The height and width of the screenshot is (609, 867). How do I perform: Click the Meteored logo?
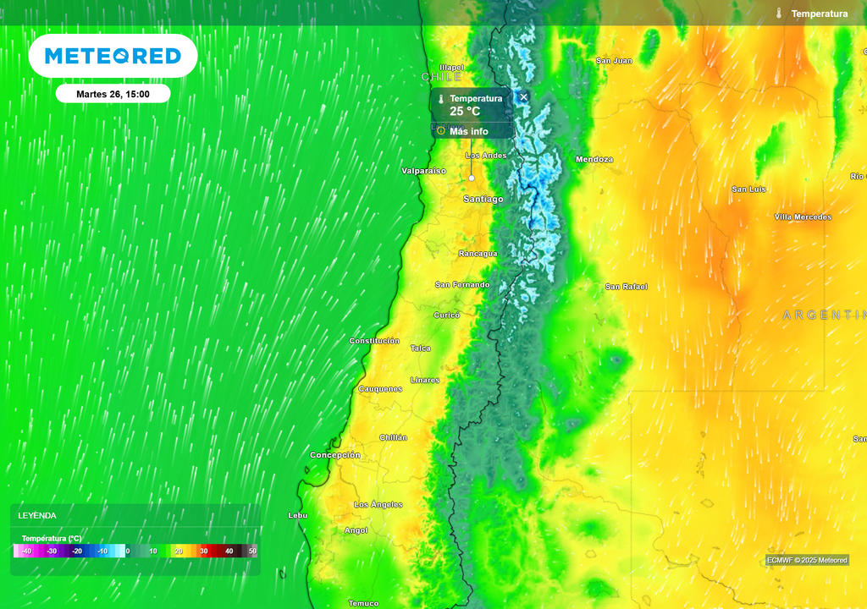tap(113, 56)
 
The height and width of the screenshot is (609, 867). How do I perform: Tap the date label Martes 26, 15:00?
tap(113, 94)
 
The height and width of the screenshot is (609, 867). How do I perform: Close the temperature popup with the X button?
tap(523, 97)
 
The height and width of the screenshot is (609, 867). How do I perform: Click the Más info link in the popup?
tap(468, 131)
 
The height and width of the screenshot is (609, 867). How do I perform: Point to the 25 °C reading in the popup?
tap(465, 111)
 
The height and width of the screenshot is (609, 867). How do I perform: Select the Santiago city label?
tap(483, 199)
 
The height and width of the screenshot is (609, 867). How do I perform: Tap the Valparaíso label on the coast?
tap(423, 171)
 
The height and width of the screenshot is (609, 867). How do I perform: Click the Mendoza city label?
tap(594, 159)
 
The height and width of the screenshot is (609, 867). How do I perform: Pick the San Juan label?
tap(614, 61)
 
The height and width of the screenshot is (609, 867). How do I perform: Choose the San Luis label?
tap(748, 189)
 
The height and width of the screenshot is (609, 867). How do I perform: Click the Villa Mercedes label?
tap(803, 217)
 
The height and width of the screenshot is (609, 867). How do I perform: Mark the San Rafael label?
tap(626, 287)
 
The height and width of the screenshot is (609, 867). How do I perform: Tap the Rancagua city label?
tap(478, 254)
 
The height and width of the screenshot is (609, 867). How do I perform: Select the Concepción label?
tap(335, 455)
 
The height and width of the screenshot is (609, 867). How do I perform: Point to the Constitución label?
tap(374, 341)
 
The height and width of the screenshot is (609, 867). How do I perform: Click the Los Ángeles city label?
tap(378, 504)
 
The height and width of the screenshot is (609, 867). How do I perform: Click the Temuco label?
tap(363, 603)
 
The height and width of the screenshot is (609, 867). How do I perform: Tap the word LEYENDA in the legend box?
tap(37, 515)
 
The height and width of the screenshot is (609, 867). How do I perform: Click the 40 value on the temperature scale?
tap(229, 551)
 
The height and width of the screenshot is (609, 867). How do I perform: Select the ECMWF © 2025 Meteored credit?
tap(807, 560)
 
